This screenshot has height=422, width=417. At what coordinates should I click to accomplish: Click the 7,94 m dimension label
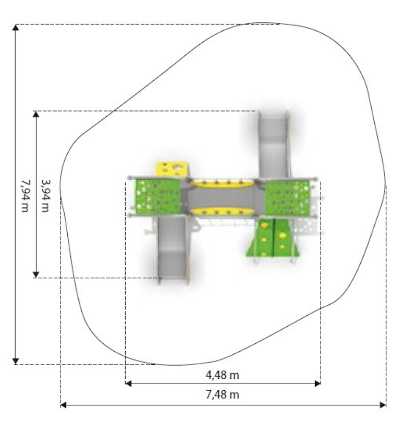point(25,196)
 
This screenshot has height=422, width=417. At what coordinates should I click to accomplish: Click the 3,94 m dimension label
point(45,196)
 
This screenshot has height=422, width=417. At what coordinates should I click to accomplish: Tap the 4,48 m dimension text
point(223,375)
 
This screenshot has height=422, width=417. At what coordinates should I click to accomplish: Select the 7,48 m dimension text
point(223,394)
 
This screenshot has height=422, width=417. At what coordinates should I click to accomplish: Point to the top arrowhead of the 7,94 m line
point(16,27)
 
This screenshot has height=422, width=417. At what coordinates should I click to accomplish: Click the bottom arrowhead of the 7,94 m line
point(16,361)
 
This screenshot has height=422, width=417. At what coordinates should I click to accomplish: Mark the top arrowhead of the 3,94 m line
point(36,114)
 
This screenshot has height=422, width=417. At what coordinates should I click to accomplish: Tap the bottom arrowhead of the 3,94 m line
point(36,275)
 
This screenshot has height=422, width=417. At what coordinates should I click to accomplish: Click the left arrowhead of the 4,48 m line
point(128,383)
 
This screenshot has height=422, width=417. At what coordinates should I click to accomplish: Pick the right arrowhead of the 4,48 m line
point(317,383)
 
